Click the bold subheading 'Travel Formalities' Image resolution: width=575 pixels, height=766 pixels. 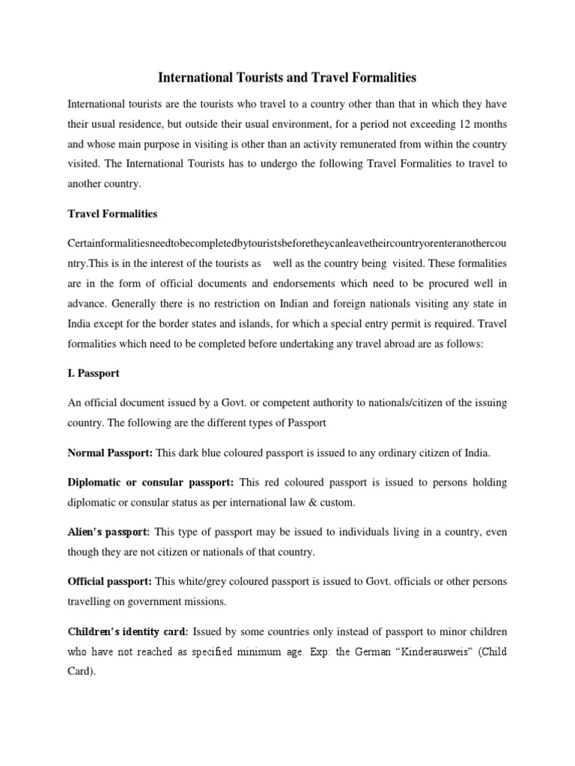click(112, 213)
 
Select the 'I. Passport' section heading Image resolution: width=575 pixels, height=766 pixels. click(94, 372)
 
